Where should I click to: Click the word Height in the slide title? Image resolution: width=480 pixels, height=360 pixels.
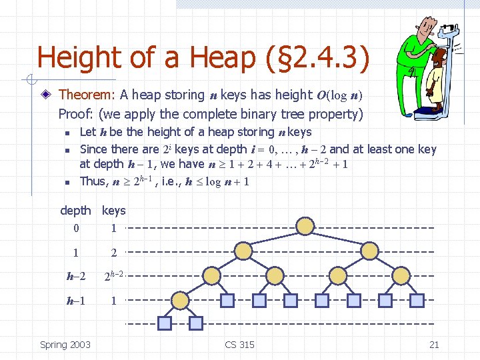pyautogui.click(x=79, y=58)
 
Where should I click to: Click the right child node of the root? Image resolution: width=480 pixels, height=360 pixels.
pyautogui.click(x=369, y=251)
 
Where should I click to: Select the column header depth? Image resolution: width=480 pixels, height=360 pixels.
pyautogui.click(x=75, y=211)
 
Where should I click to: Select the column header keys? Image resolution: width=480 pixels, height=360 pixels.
pyautogui.click(x=113, y=211)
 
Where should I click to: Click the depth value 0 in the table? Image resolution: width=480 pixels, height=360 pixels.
pyautogui.click(x=76, y=228)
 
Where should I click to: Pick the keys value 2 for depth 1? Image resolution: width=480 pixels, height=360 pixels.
pyautogui.click(x=113, y=253)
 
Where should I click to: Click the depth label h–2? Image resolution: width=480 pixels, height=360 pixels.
pyautogui.click(x=76, y=277)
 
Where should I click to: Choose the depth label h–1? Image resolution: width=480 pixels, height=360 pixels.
pyautogui.click(x=76, y=301)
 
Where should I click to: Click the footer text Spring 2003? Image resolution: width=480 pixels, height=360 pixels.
pyautogui.click(x=65, y=345)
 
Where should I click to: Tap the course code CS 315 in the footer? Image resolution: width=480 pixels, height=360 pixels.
pyautogui.click(x=239, y=345)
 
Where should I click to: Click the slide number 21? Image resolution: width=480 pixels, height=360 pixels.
pyautogui.click(x=434, y=345)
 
